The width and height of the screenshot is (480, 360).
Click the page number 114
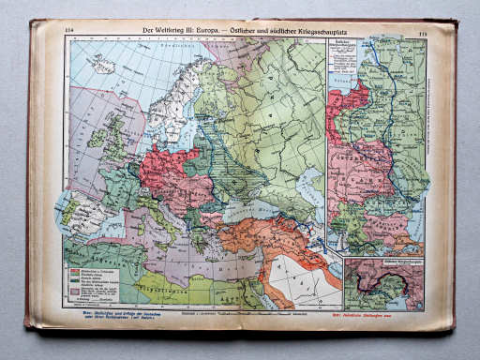click(68, 31)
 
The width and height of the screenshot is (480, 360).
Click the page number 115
click(423, 33)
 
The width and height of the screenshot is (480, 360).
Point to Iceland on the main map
click(102, 64)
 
